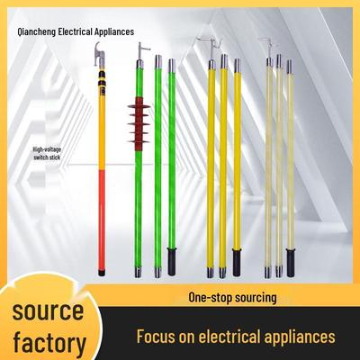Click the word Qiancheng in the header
[x=37, y=31]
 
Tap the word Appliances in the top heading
[x=114, y=31]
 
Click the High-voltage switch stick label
[x=47, y=153]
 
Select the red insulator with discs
[x=139, y=123]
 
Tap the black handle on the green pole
[x=172, y=261]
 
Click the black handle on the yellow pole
[x=237, y=263]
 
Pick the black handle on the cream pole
[x=290, y=263]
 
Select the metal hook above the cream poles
[x=268, y=47]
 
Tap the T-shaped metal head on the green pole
[x=141, y=51]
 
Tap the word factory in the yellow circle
[x=49, y=343]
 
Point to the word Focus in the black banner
[x=156, y=337]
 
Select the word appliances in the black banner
[x=300, y=337]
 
